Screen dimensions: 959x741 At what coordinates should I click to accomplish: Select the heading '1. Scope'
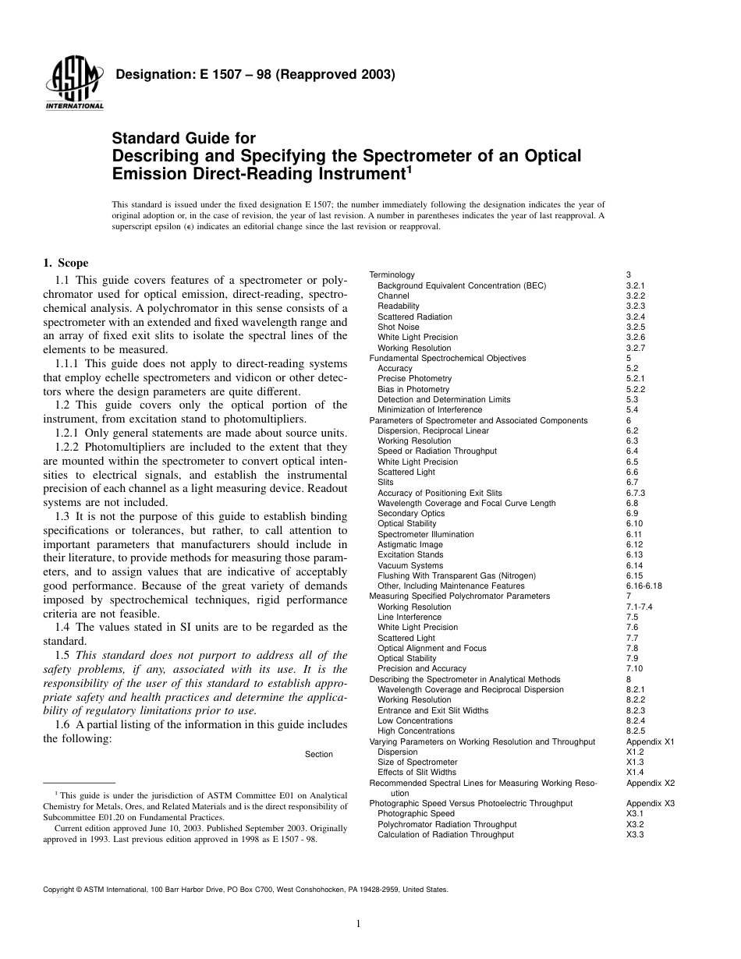pos(66,264)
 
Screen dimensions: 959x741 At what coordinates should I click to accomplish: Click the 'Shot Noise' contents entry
pos(398,327)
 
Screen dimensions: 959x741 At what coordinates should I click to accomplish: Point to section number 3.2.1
pos(636,286)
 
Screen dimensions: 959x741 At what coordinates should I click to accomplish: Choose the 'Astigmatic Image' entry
pos(409,545)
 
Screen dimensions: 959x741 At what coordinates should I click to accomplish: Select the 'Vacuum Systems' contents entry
pos(409,565)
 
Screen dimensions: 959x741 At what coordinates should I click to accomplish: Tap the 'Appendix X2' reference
pos(650,783)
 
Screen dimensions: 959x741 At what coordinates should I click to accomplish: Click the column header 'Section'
pos(318,754)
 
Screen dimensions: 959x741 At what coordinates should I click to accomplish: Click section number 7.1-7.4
pos(640,607)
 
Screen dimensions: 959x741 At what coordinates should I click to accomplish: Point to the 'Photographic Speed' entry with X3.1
pos(416,813)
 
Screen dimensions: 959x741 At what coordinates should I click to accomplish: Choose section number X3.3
pos(634,834)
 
